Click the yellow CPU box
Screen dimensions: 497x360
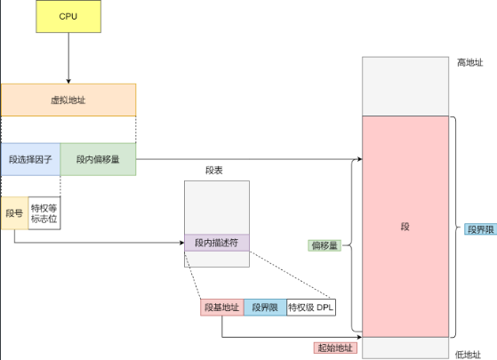tap(68, 16)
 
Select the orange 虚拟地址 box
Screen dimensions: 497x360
tap(68, 100)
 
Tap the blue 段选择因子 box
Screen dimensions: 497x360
tap(30, 159)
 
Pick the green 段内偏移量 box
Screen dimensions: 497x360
tap(98, 159)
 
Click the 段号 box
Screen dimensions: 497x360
tap(14, 213)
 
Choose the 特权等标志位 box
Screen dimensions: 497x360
tap(44, 213)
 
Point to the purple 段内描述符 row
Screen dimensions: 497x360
tap(217, 243)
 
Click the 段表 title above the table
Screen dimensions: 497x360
tap(214, 170)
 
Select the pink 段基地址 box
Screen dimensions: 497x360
tap(222, 307)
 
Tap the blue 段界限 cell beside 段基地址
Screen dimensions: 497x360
tap(265, 307)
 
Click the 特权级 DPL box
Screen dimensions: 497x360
tap(311, 307)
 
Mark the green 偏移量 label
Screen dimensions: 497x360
tap(325, 245)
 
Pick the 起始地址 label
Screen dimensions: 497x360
tap(335, 348)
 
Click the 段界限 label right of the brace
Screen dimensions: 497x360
tap(481, 229)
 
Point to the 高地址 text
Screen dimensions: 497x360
tap(469, 63)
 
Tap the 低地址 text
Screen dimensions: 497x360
tap(468, 355)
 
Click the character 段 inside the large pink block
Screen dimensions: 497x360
tap(405, 227)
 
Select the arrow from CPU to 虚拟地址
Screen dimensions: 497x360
tap(68, 58)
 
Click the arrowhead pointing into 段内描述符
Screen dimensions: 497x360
tap(182, 243)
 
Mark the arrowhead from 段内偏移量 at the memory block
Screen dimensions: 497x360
tap(360, 159)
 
